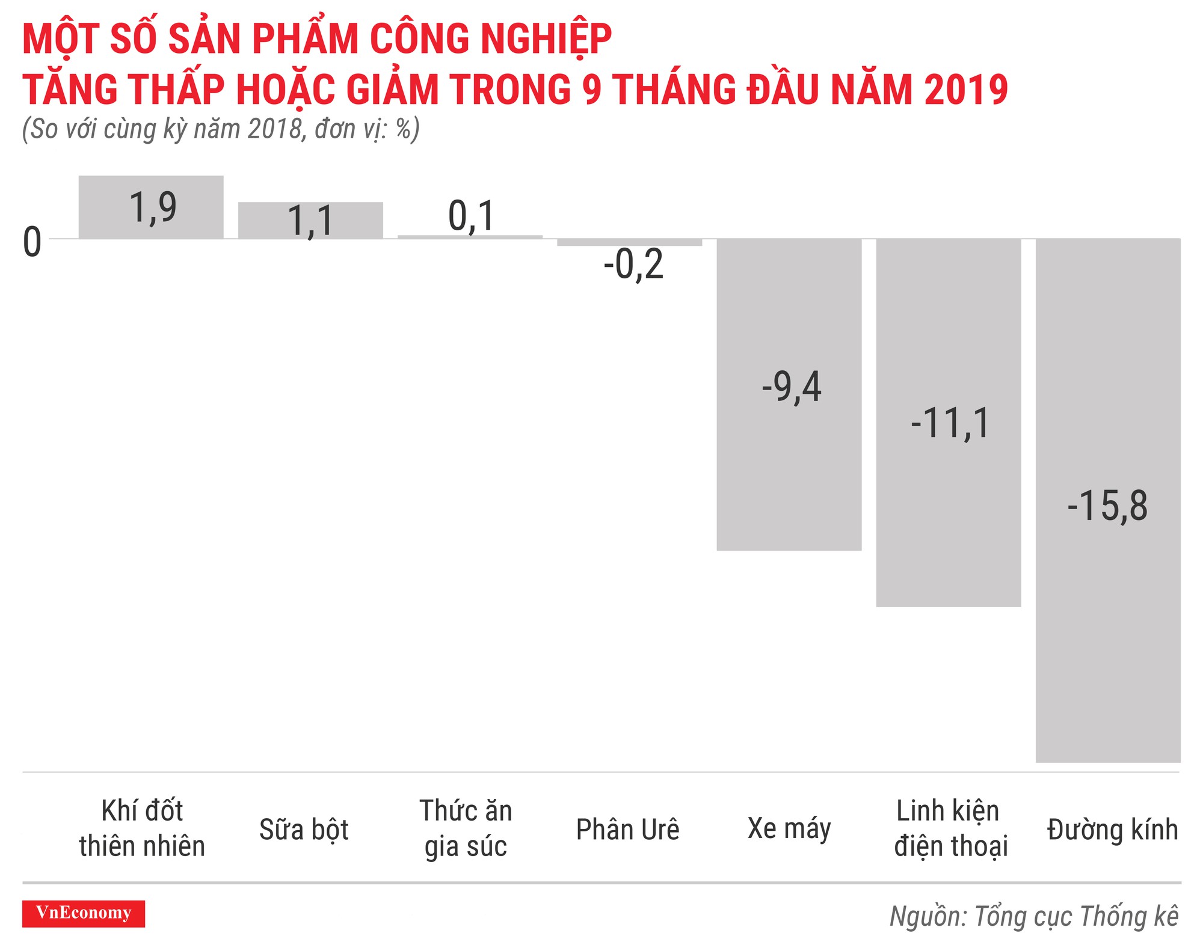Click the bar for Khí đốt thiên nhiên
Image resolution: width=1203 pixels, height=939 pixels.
click(x=151, y=207)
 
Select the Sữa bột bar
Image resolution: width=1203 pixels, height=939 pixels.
click(x=310, y=220)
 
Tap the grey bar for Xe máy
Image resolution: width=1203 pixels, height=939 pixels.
click(x=789, y=469)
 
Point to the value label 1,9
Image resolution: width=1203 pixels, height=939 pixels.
click(x=153, y=207)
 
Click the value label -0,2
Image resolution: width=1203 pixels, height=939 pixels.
click(x=633, y=265)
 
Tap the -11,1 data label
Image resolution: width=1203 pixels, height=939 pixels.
click(x=950, y=423)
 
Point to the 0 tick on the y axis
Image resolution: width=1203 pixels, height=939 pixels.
click(x=32, y=242)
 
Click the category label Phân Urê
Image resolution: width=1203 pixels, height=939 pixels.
click(x=627, y=830)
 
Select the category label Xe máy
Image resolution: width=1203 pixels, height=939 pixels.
click(x=789, y=828)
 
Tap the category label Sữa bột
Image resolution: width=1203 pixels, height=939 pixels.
click(x=304, y=830)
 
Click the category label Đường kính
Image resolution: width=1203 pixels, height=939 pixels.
click(x=1112, y=830)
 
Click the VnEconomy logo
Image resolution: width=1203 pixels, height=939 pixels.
click(x=84, y=913)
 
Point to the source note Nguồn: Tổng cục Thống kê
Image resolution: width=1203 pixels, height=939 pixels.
click(x=1033, y=916)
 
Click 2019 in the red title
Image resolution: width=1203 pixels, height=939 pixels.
click(x=966, y=90)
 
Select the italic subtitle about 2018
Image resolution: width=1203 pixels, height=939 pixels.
click(x=221, y=129)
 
